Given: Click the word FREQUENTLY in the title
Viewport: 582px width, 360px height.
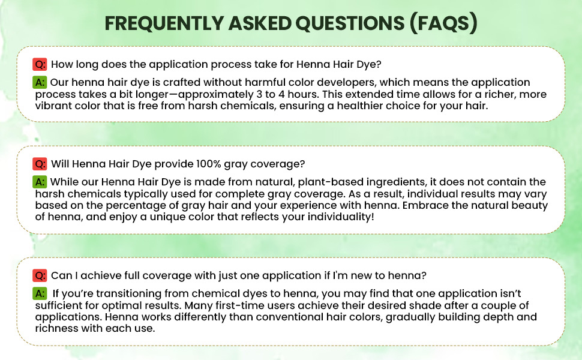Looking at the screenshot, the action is [x=163, y=23].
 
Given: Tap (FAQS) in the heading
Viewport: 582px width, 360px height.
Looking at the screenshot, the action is [x=443, y=23].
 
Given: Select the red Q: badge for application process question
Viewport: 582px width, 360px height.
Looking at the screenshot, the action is [x=40, y=64].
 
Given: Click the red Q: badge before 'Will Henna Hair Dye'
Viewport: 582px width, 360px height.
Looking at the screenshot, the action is [x=40, y=164].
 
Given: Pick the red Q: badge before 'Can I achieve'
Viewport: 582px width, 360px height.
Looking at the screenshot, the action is [x=40, y=275].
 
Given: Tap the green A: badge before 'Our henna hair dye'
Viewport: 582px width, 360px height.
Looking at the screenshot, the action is [x=40, y=82].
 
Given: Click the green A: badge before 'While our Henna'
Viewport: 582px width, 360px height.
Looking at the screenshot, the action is [x=40, y=182].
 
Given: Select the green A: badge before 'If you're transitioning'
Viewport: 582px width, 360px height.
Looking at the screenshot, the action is [x=40, y=293].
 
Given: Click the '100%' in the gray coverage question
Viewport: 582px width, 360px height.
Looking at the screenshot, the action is [x=209, y=164].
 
